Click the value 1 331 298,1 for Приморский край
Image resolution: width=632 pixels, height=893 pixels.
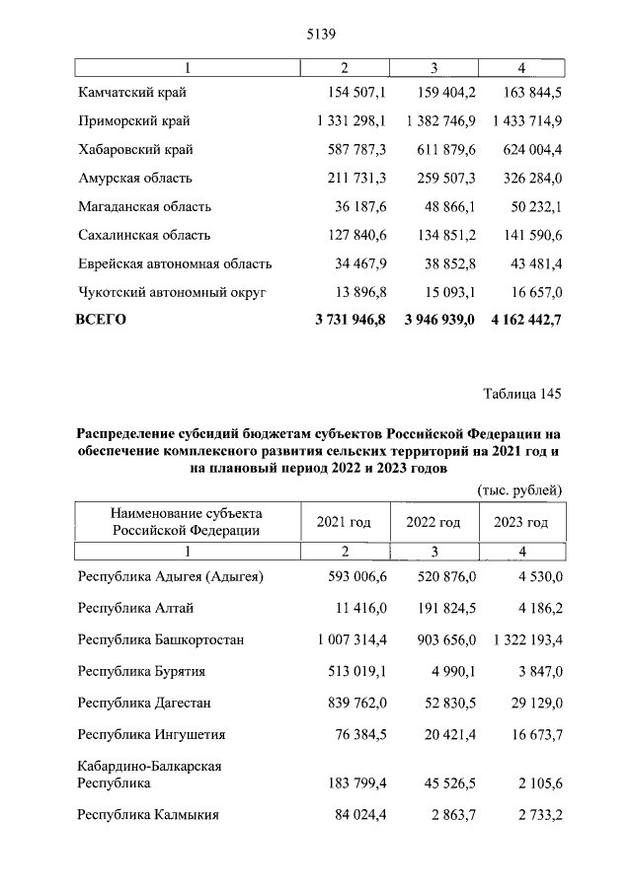tap(346, 121)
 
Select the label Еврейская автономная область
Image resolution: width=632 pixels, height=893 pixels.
tap(175, 264)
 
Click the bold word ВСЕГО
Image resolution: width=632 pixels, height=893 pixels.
tap(102, 320)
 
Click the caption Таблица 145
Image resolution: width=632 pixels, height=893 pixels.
tap(522, 395)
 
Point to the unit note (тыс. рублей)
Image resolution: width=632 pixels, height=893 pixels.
tap(519, 488)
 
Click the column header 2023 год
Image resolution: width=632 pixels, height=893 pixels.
tap(520, 522)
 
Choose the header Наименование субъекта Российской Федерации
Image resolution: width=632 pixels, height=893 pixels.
tap(187, 522)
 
